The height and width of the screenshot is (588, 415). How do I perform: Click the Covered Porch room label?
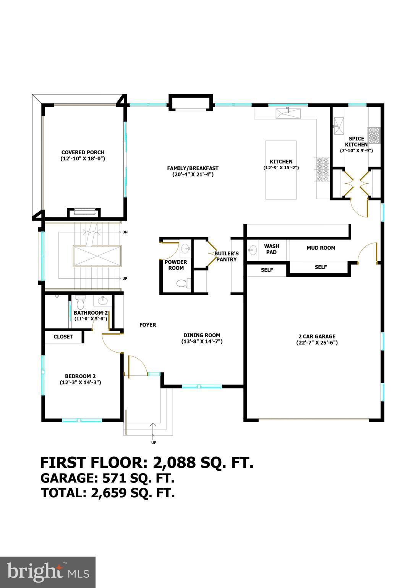tap(83, 152)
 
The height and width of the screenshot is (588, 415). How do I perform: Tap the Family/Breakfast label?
tap(193, 168)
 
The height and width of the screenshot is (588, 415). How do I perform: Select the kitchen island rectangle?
tap(281, 170)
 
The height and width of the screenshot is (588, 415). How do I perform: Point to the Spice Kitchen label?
tap(356, 142)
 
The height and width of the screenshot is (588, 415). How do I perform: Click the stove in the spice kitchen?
tap(374, 135)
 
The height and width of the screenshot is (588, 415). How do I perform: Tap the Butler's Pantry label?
tap(226, 256)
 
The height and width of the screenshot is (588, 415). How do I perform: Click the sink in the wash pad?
tap(253, 251)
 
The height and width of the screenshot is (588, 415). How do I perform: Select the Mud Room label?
tap(321, 248)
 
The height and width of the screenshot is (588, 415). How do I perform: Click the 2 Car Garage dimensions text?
tap(317, 343)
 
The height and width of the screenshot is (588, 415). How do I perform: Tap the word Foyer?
tap(148, 325)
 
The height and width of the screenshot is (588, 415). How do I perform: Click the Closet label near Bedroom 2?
tap(63, 337)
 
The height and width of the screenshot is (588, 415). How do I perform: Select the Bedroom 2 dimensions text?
tap(80, 382)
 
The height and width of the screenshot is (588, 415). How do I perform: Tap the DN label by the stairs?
tap(125, 232)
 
